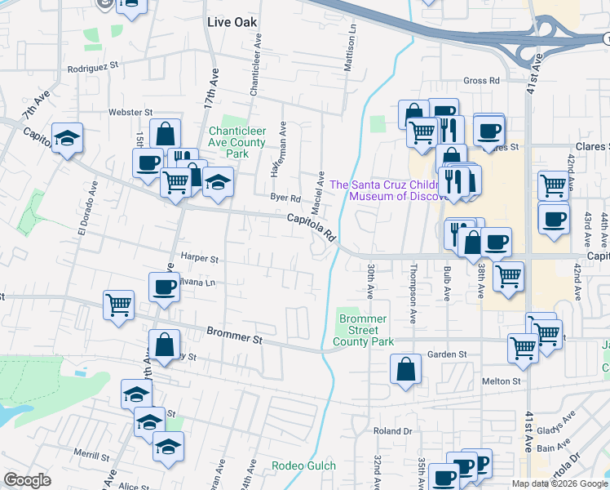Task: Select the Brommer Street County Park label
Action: (x=366, y=329)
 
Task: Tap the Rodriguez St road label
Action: (x=93, y=68)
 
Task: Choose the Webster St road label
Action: (x=130, y=111)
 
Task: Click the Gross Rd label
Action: (x=480, y=81)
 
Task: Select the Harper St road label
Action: (x=200, y=259)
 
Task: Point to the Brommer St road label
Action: (x=234, y=334)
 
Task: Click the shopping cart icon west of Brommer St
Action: (x=118, y=305)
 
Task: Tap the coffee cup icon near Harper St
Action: (x=164, y=287)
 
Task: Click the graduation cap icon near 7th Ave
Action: (x=67, y=137)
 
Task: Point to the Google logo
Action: (x=27, y=480)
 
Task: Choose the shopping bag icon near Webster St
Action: (x=165, y=134)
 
